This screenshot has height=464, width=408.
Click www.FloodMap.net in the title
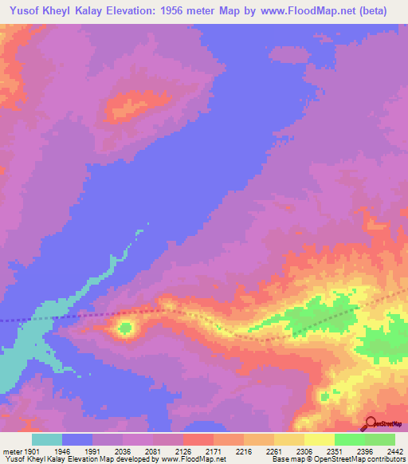coord(322,11)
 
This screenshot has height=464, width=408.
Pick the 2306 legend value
coord(304,451)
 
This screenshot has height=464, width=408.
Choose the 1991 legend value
coord(93,451)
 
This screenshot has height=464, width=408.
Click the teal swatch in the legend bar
coord(47,439)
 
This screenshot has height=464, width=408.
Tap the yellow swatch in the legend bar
coord(319,439)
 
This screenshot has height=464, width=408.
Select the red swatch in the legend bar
coord(198,439)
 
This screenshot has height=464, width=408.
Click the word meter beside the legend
coord(10,451)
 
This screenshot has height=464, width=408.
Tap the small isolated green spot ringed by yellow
coord(125,327)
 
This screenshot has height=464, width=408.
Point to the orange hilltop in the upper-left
coord(127,104)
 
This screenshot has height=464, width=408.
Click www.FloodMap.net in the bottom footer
coord(191,459)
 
